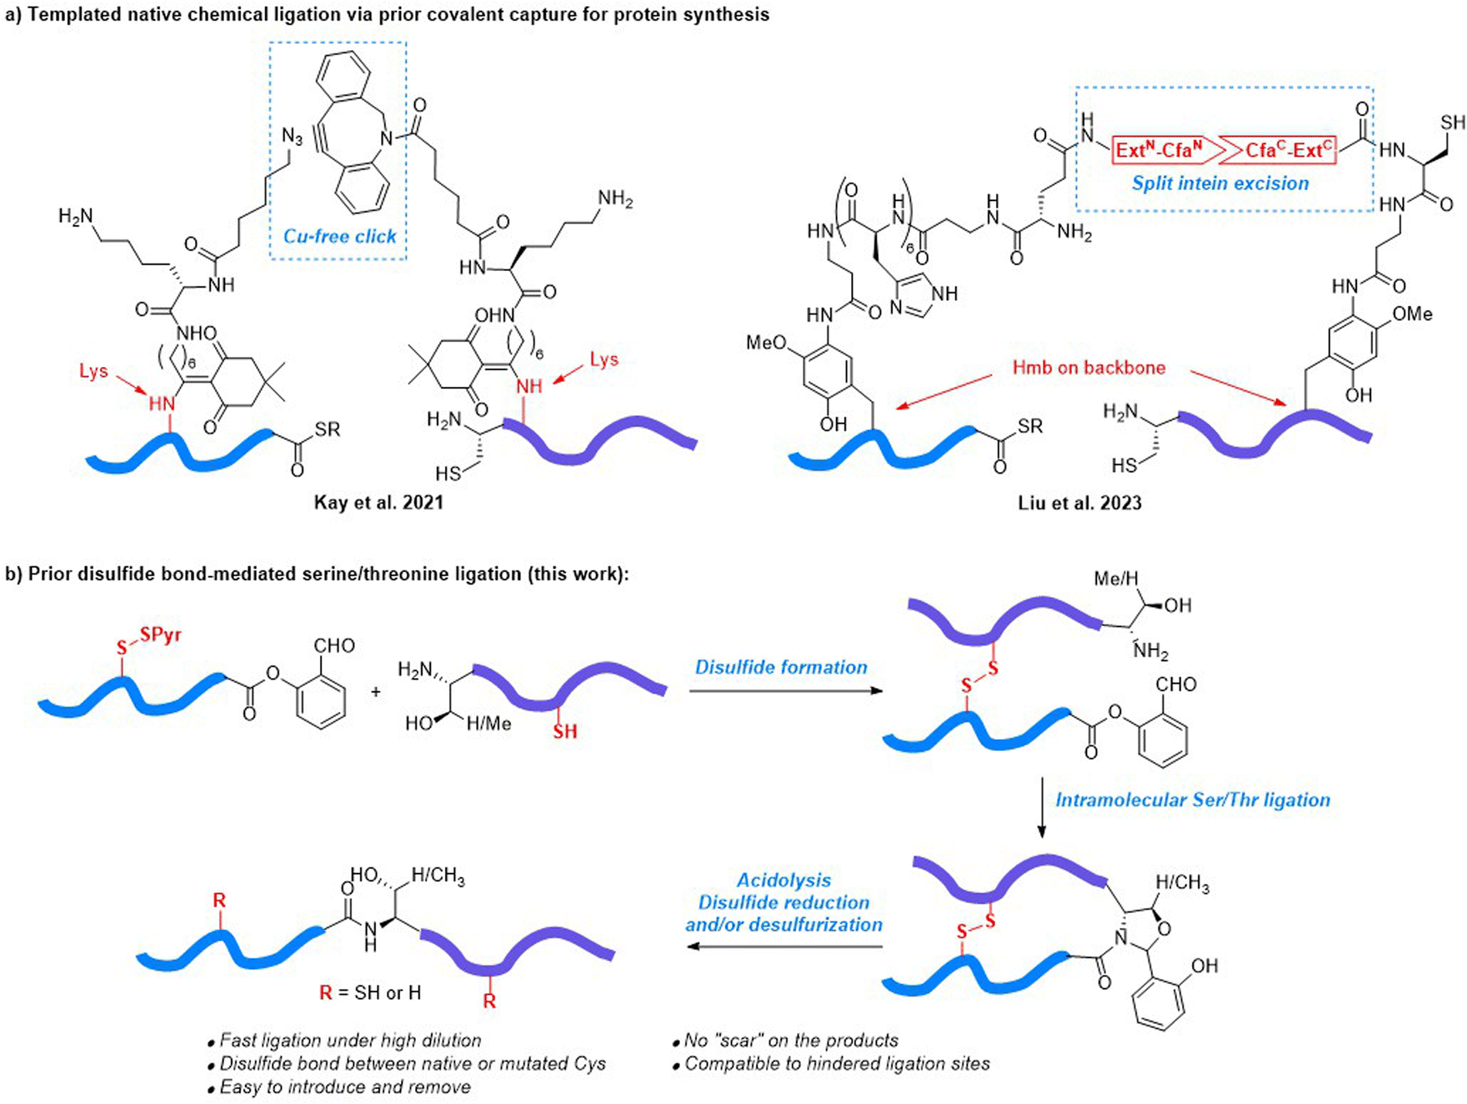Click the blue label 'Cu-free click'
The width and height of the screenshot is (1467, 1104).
coord(340,237)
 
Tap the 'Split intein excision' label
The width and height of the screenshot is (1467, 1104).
coord(1220,183)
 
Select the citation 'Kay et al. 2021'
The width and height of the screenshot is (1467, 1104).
coord(378,502)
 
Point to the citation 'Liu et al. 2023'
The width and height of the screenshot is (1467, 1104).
coord(1079,503)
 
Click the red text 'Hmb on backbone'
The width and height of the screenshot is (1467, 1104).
coord(1089,368)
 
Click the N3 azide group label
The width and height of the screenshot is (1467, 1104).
coord(292,136)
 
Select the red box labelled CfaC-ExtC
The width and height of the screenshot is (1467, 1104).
coord(1282,150)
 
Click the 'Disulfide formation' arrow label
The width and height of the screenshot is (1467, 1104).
coord(781,667)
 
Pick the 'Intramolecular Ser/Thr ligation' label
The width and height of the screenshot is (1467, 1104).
coord(1193,800)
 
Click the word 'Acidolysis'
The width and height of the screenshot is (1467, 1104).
coord(784,881)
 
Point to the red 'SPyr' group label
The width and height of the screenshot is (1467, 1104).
coord(161,635)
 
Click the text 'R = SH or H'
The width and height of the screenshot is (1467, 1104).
coord(370,993)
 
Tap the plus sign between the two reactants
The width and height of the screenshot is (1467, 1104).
coord(376,691)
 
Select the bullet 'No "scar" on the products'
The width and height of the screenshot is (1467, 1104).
coord(785,1041)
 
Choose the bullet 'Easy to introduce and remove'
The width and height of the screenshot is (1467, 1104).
coord(339,1087)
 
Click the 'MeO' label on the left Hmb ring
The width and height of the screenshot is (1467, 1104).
coord(766,343)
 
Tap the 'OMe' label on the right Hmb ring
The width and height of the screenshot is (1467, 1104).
coord(1413,314)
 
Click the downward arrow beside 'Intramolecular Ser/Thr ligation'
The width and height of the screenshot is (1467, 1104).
coord(1041,807)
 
